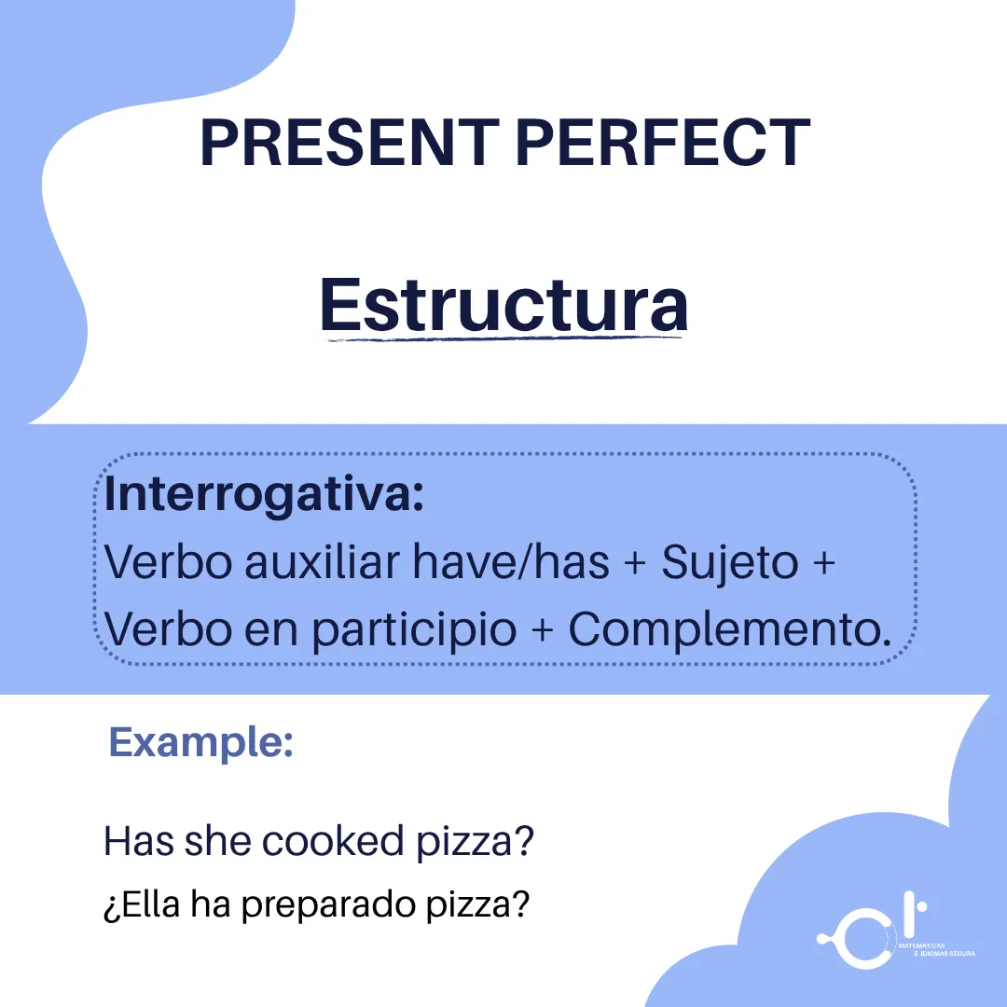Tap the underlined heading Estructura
coord(504,304)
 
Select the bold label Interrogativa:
coord(264,494)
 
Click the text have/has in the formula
coord(511,562)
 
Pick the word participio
coord(414,630)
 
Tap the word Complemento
coord(729,630)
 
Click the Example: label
coord(201,743)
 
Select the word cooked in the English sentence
coord(333,841)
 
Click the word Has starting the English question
coord(139,841)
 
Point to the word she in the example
coord(217,841)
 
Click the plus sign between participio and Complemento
coord(543,630)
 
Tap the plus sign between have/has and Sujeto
coord(635,562)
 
